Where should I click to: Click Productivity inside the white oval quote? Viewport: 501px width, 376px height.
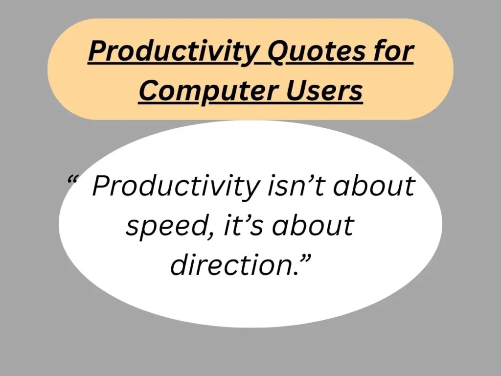175,187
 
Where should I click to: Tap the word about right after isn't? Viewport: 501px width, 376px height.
377,186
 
